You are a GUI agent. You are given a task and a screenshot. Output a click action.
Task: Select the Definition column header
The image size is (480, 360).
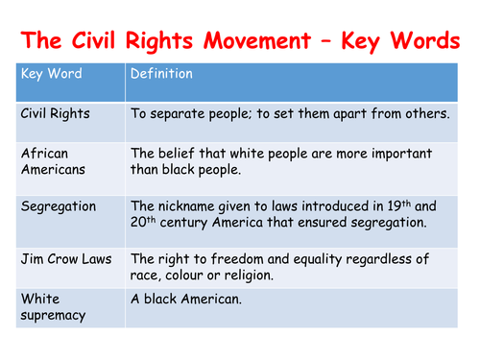[161, 74]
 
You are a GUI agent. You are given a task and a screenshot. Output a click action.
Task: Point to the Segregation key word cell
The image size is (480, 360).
[60, 206]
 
